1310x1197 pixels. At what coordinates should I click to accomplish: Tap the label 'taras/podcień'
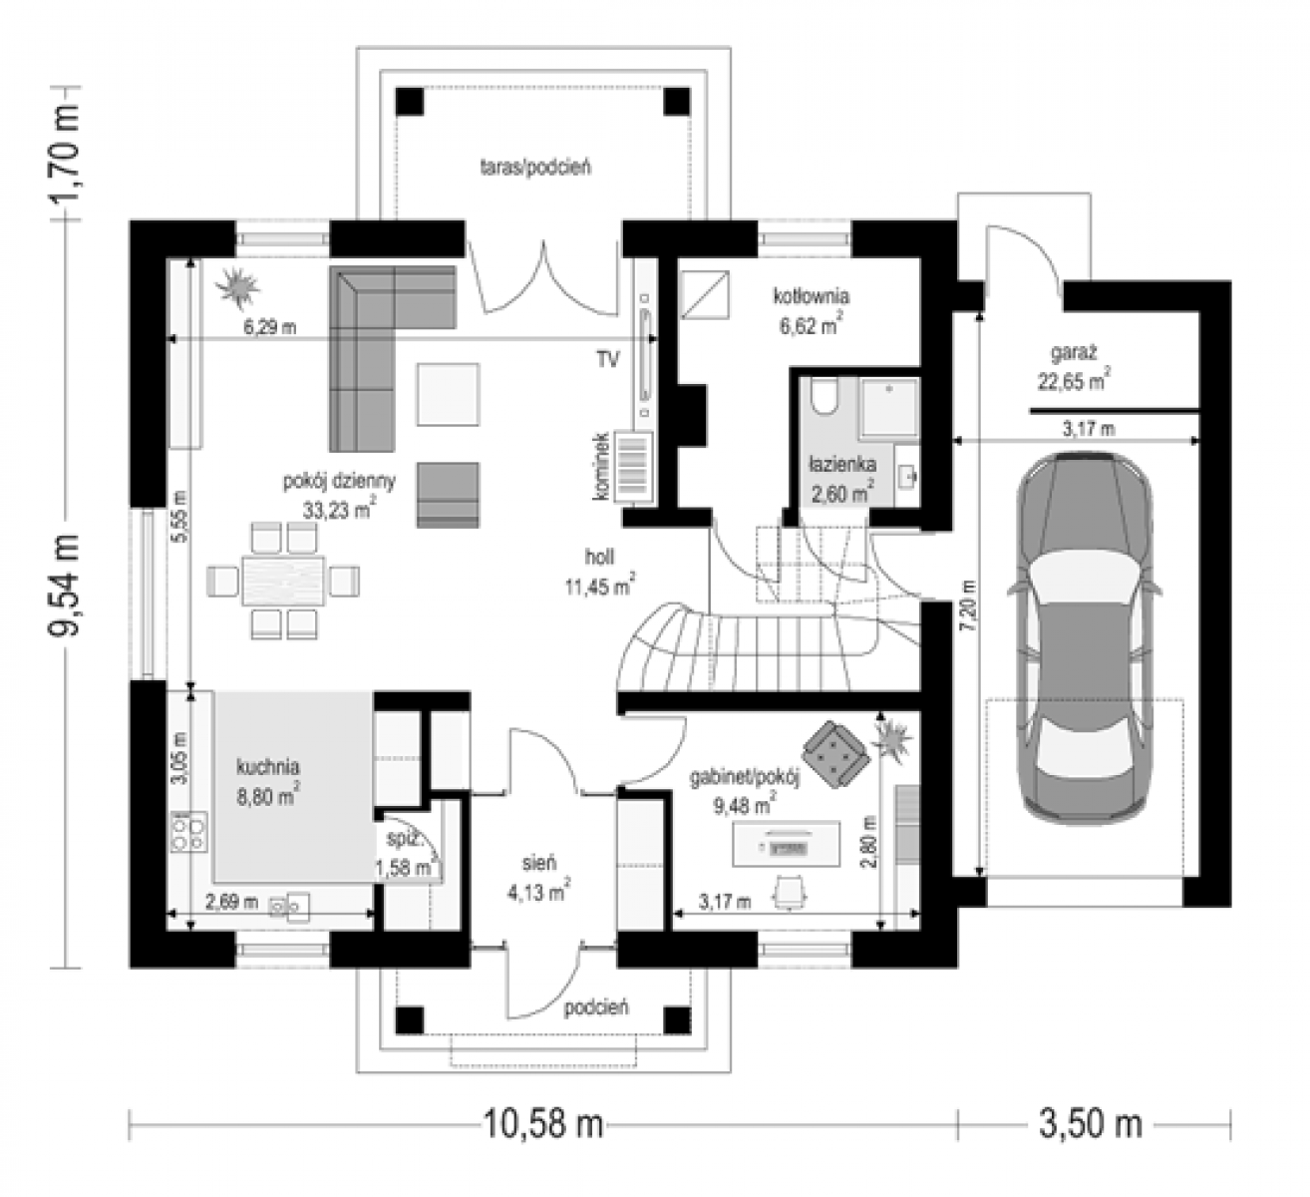coord(535,168)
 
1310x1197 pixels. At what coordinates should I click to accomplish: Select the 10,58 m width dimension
coord(542,1123)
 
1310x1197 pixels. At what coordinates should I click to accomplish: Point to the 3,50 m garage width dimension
coord(1090,1123)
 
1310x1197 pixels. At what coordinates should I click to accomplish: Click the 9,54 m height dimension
coord(65,585)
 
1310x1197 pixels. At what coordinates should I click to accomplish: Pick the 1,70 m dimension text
coord(65,153)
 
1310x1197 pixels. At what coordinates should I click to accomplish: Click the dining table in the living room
coord(283,581)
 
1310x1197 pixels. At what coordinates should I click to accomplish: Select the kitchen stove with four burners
coord(188,832)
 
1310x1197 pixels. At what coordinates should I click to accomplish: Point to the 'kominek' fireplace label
coord(601,466)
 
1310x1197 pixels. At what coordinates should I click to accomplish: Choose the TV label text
coord(607,359)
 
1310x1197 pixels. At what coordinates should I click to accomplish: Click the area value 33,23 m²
coord(339,509)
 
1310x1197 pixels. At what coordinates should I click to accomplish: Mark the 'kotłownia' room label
coord(812,296)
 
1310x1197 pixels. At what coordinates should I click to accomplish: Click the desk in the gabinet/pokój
coord(787,845)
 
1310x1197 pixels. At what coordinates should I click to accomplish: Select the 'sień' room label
coord(538,863)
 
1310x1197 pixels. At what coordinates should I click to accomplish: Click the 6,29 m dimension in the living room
coord(270,327)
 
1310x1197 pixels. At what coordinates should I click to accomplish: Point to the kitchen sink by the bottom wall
coord(289,907)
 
